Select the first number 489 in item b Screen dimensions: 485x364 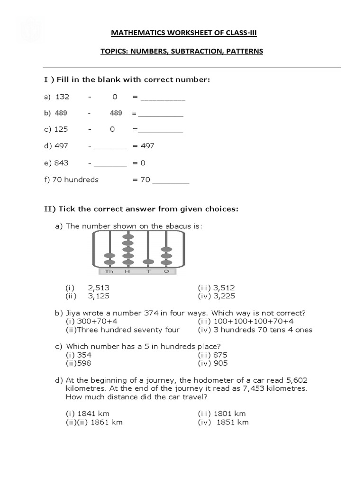pyautogui.click(x=61, y=113)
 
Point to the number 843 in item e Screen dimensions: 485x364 pyautogui.click(x=62, y=163)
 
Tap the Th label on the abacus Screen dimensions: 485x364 pyautogui.click(x=109, y=271)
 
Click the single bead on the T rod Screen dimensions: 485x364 pyautogui.click(x=148, y=262)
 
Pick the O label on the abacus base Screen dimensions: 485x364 pyautogui.click(x=166, y=271)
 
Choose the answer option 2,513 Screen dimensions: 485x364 pyautogui.click(x=99, y=287)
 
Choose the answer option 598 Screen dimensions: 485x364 pyautogui.click(x=85, y=363)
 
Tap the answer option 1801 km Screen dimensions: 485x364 pyautogui.click(x=229, y=413)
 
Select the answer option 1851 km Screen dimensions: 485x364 pyautogui.click(x=232, y=422)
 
